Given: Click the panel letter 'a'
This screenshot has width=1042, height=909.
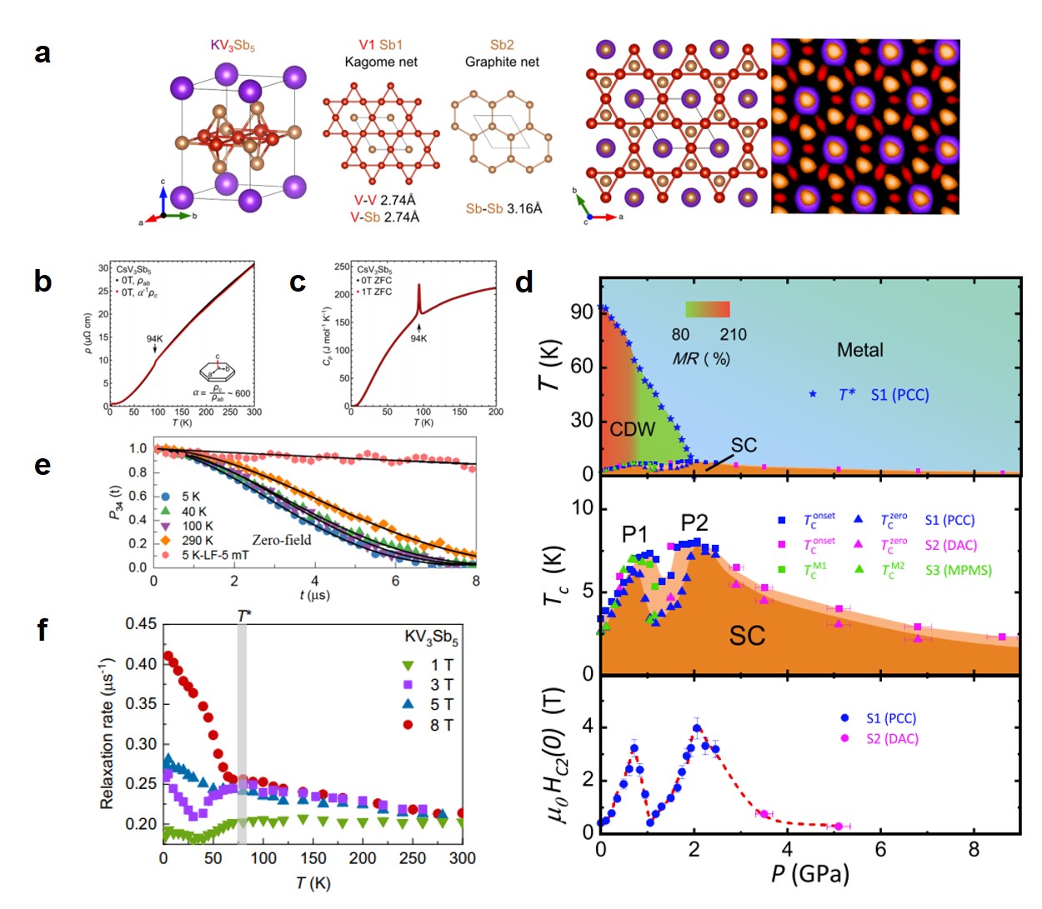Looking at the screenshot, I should (43, 52).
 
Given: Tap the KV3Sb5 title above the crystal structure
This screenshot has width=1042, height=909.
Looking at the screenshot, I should (233, 45).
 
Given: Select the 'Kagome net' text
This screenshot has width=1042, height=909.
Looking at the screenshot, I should (381, 62).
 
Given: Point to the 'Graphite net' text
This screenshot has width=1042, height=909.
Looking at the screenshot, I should (502, 62).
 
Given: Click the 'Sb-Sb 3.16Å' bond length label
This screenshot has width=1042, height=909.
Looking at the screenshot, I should (503, 208).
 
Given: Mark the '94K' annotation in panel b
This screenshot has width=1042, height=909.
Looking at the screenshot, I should (155, 339).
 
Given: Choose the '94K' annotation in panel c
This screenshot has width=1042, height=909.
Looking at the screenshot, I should (418, 338).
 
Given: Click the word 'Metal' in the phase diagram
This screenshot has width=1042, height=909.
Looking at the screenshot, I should (859, 350).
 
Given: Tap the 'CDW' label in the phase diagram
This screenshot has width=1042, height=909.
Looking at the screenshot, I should (633, 430).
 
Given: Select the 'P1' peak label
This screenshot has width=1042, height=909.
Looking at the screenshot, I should (635, 533).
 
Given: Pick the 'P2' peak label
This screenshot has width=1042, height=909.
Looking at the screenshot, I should (694, 522).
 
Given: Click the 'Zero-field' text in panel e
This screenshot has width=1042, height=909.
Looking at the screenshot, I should (282, 540).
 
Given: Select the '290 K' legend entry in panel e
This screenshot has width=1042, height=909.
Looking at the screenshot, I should (197, 541).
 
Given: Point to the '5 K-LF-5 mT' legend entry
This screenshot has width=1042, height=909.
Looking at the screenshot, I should (215, 555).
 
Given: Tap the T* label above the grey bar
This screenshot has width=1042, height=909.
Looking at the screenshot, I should (243, 615).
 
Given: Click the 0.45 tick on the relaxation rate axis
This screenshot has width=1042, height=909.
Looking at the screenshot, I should (141, 624).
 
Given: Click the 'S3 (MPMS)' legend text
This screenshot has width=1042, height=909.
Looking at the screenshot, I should (959, 571).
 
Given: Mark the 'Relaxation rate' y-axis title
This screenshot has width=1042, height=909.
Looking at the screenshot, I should (107, 733).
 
